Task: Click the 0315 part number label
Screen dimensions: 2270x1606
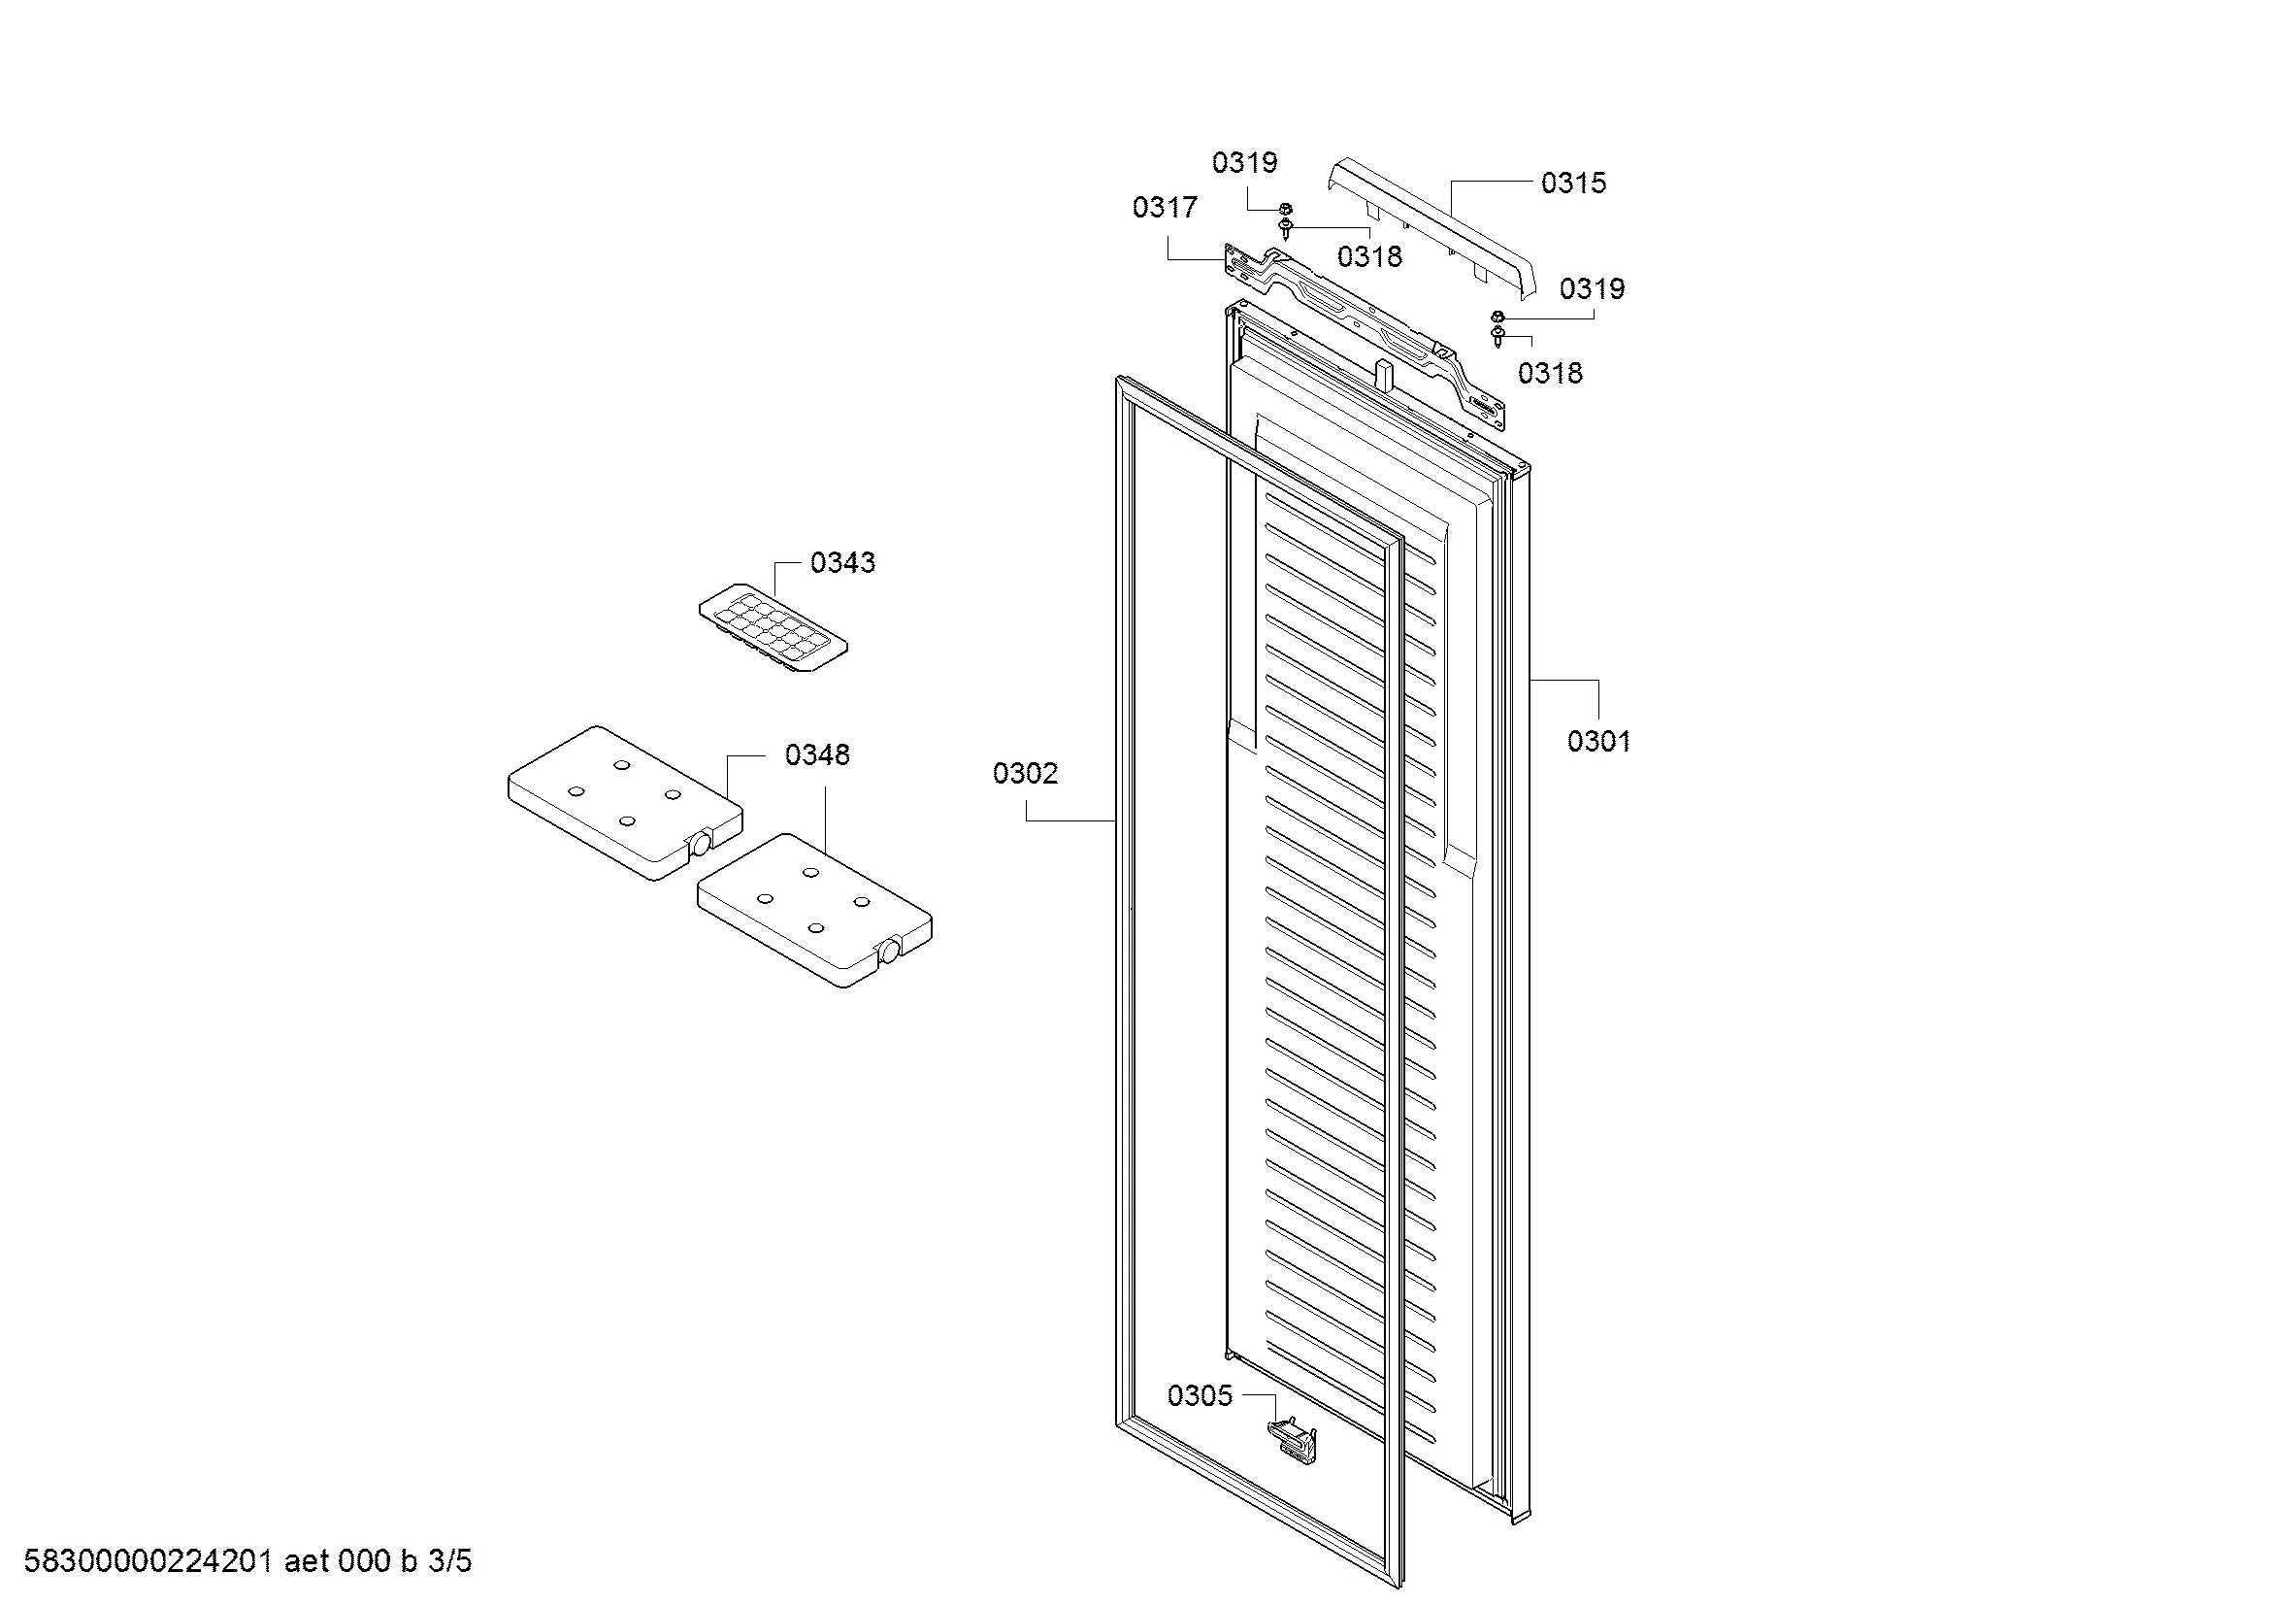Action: pos(1573,183)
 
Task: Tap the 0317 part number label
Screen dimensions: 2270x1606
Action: pos(1165,208)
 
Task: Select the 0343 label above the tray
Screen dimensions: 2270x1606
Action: pos(842,563)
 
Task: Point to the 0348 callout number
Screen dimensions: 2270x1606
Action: pos(816,755)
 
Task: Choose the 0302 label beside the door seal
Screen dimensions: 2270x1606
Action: pos(1025,773)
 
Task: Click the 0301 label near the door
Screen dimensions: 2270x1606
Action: pos(1598,741)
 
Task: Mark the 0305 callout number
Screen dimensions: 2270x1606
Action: pos(1201,1396)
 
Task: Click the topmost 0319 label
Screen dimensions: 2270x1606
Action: pos(1245,162)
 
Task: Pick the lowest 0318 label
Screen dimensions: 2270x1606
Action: pos(1550,373)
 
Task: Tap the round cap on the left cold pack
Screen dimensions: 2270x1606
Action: pos(700,844)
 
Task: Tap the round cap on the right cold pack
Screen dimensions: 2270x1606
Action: pos(889,952)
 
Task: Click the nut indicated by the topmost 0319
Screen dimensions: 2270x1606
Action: pos(1285,209)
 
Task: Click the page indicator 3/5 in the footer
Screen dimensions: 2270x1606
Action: pos(450,1561)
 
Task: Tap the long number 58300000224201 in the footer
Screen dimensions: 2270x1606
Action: pos(148,1561)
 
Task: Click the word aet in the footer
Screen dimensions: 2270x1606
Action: pos(307,1562)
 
